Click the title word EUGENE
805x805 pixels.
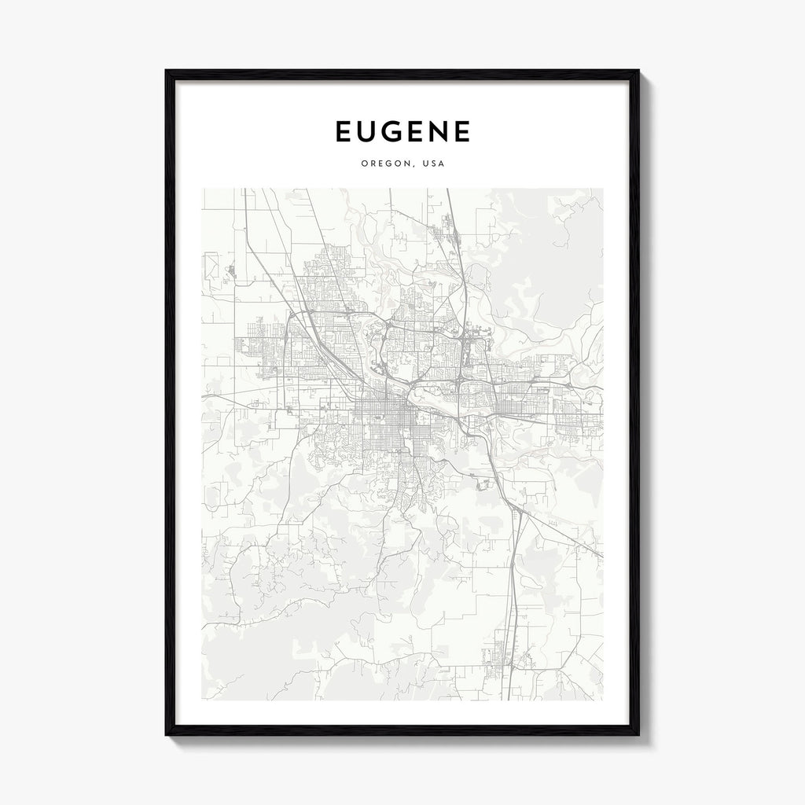click(x=402, y=132)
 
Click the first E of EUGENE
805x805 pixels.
click(x=344, y=132)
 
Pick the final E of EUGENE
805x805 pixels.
click(x=461, y=132)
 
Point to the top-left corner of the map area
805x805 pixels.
click(x=202, y=189)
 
